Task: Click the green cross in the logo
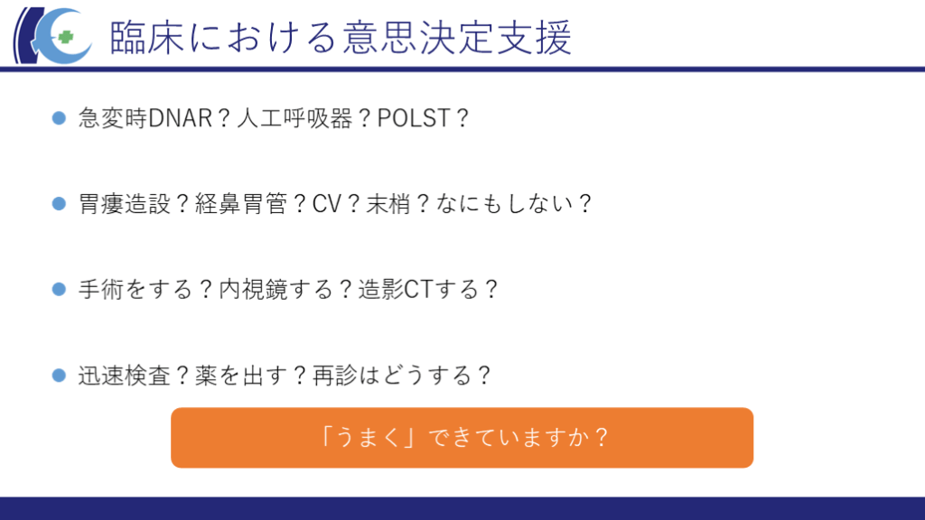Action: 65,38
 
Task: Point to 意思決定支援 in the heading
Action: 457,38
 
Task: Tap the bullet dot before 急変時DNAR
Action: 59,118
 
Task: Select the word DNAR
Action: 180,118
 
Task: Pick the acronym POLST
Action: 414,118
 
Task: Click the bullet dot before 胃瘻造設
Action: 59,204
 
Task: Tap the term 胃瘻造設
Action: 125,204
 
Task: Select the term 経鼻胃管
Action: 241,204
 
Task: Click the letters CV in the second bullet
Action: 327,204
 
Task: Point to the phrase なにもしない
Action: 505,204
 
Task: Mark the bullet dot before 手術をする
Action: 59,290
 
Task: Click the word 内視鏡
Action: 253,290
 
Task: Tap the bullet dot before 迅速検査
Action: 59,376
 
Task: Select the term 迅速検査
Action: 125,376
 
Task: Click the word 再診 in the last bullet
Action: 335,376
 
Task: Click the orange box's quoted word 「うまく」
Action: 369,438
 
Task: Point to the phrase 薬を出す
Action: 241,376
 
